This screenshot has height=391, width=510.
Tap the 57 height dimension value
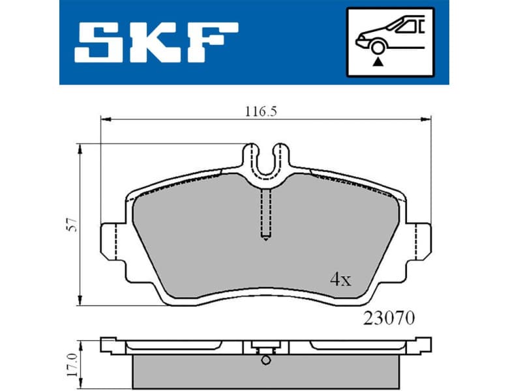(x=73, y=225)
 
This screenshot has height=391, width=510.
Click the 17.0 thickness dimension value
(x=73, y=361)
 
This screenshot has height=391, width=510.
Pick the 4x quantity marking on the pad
(x=340, y=280)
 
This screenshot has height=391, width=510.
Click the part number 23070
(x=388, y=319)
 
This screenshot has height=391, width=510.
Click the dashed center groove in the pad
(x=265, y=215)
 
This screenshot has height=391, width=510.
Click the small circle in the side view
(x=265, y=360)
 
